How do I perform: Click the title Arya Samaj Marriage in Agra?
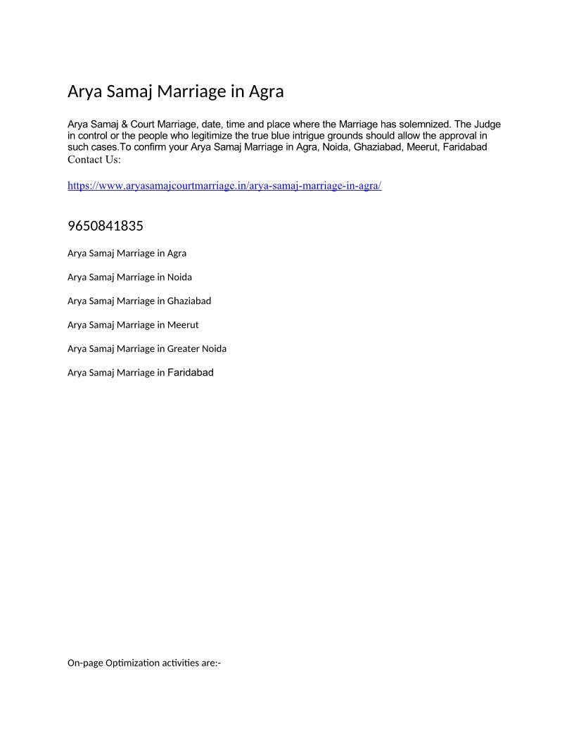tap(175, 91)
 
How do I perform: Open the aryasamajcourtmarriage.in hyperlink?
tap(224, 186)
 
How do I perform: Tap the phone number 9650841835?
tap(106, 226)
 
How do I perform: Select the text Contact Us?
tap(94, 160)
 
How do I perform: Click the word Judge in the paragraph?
tap(487, 125)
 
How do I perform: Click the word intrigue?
tap(305, 136)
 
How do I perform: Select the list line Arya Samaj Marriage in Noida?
tap(129, 277)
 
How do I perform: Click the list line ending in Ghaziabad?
tap(139, 301)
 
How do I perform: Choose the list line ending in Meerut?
tap(133, 325)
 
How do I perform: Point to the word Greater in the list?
tap(183, 349)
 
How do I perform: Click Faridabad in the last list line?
tap(190, 373)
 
